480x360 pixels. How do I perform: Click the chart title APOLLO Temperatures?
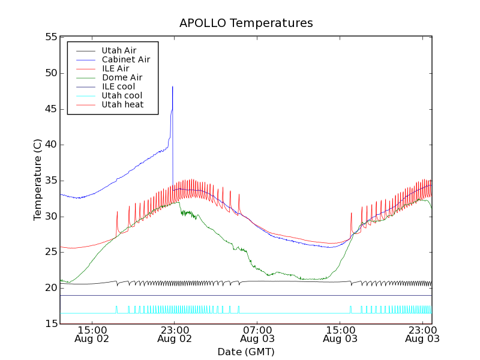[246, 23]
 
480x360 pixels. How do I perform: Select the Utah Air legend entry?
[119, 50]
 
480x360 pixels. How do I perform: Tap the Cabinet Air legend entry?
[125, 59]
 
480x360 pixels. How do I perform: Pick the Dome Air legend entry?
[122, 77]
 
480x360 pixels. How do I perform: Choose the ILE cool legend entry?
[118, 86]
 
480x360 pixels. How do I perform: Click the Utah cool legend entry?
[122, 95]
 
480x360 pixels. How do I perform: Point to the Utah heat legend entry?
[122, 104]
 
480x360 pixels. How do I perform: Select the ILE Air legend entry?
[115, 68]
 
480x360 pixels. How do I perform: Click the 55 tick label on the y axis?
[50, 37]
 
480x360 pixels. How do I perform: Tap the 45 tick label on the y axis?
[50, 109]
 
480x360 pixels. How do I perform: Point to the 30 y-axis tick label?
[50, 217]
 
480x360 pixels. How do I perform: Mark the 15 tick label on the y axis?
[50, 324]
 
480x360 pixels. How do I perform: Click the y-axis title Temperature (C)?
[38, 180]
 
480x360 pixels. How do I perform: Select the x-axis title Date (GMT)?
[246, 352]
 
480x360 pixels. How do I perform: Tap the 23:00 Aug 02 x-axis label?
[174, 334]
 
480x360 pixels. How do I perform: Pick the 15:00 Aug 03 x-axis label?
[340, 334]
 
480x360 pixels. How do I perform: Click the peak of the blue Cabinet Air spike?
[173, 86]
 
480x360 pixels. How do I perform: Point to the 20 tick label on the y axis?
[50, 288]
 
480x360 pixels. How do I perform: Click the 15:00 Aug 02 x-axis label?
[92, 334]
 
